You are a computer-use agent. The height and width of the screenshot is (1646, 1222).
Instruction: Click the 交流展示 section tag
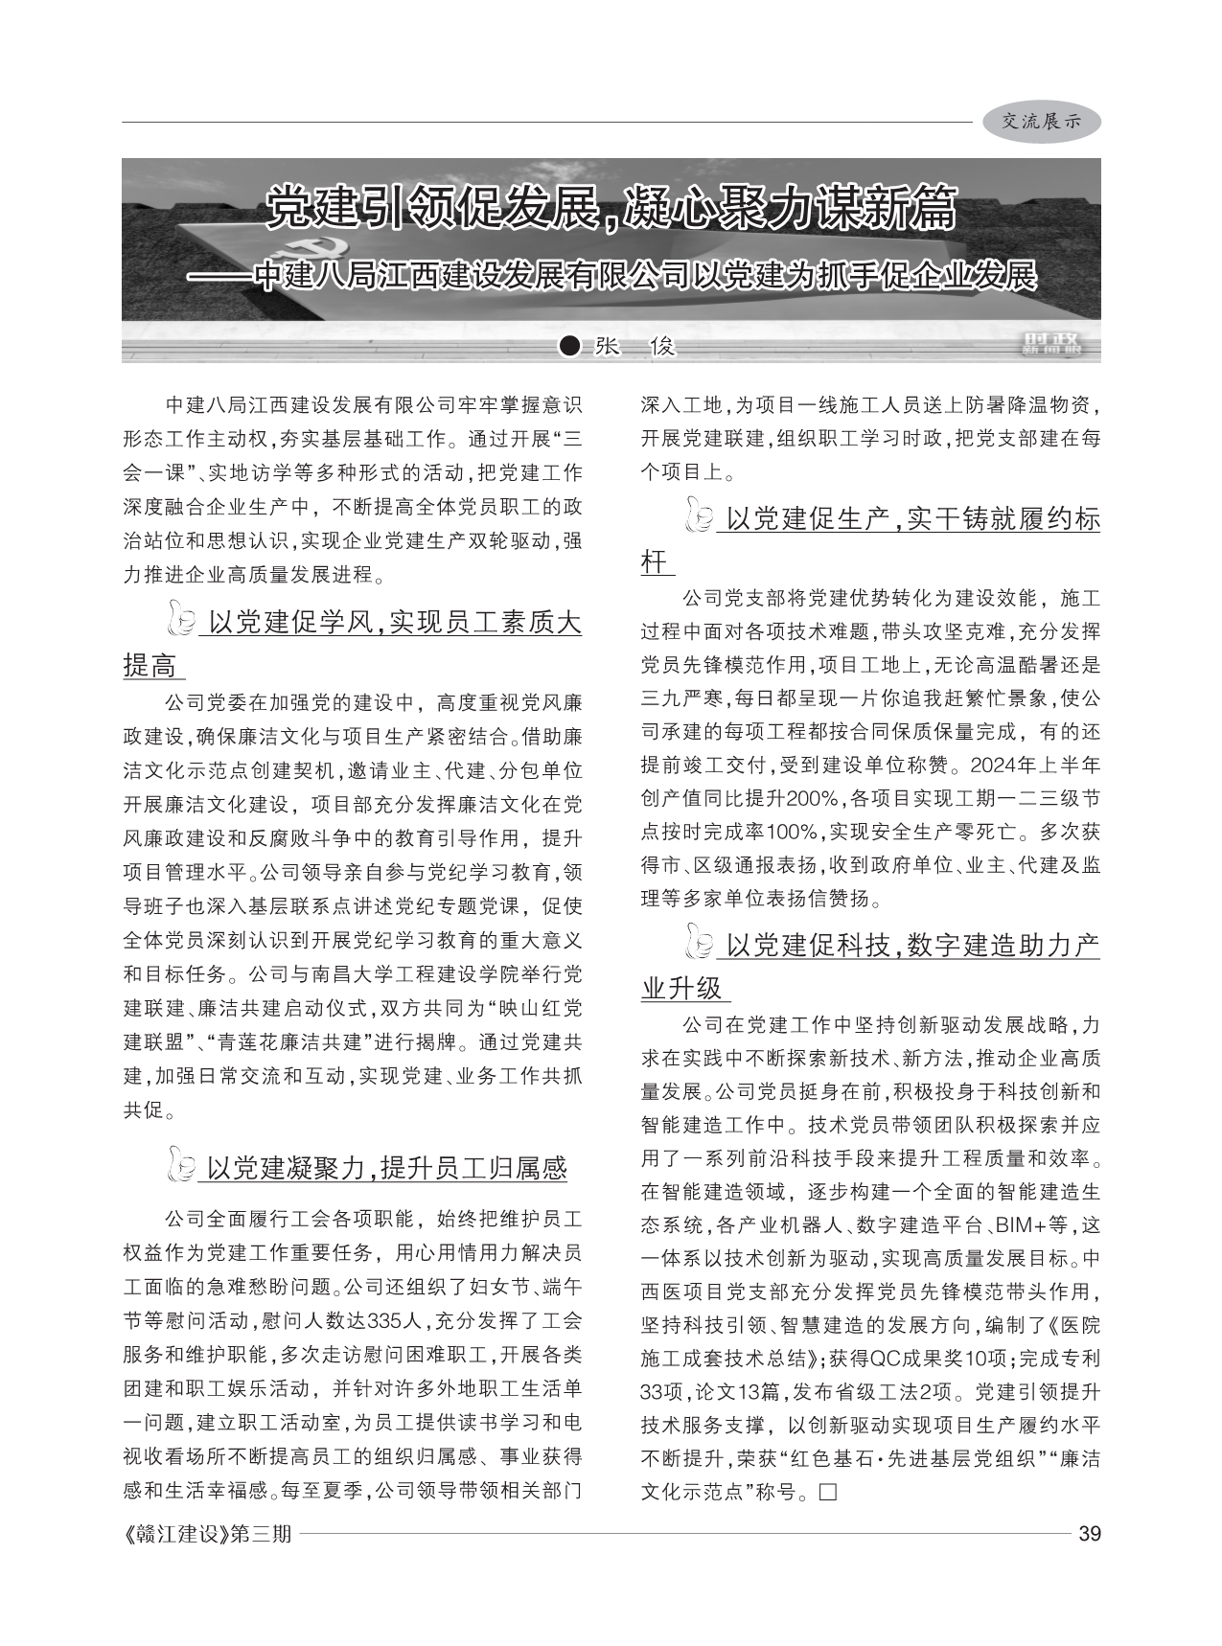tap(1041, 122)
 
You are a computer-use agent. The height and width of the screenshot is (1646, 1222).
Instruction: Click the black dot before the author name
tap(570, 346)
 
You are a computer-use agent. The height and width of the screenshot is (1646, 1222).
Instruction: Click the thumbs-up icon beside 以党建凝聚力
tap(181, 1166)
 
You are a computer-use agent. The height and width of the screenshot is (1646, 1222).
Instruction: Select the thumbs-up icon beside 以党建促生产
tap(700, 518)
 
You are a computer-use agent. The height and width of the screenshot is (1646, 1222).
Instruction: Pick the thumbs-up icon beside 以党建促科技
tap(700, 945)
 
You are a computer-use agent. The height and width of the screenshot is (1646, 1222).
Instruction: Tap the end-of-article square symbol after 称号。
tap(828, 1492)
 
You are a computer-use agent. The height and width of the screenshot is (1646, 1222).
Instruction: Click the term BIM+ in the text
tap(1022, 1224)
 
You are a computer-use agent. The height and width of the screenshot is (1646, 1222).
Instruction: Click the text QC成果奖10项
tap(936, 1358)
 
